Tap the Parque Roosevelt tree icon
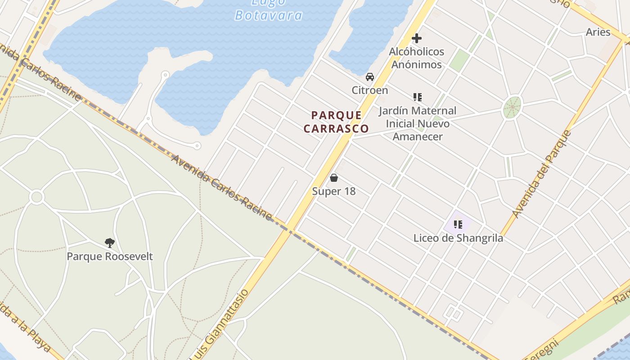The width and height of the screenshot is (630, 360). pyautogui.click(x=109, y=243)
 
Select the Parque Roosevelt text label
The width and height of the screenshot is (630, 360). pyautogui.click(x=110, y=256)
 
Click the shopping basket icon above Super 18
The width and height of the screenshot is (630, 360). pyautogui.click(x=334, y=178)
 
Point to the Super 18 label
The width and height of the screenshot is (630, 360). pyautogui.click(x=334, y=191)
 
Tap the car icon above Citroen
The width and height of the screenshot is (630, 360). pyautogui.click(x=370, y=77)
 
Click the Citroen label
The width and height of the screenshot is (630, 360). pyautogui.click(x=370, y=90)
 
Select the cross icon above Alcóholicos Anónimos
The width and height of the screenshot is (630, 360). pyautogui.click(x=417, y=38)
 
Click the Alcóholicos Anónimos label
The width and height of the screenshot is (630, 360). pyautogui.click(x=416, y=58)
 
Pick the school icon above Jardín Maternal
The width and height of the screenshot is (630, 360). pyautogui.click(x=417, y=97)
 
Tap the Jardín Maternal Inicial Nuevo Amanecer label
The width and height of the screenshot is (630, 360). pyautogui.click(x=418, y=123)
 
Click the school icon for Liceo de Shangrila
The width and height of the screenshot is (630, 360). pyautogui.click(x=458, y=224)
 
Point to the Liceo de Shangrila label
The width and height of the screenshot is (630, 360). pyautogui.click(x=458, y=238)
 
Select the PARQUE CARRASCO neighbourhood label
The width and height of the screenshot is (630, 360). pyautogui.click(x=336, y=122)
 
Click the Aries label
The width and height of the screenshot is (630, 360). pyautogui.click(x=598, y=32)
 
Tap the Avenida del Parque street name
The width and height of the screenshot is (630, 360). pyautogui.click(x=542, y=174)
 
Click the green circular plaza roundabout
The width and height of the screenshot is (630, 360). pyautogui.click(x=512, y=108)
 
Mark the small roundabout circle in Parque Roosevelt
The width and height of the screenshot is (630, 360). pyautogui.click(x=36, y=197)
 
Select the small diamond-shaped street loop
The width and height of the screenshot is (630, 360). pyautogui.click(x=453, y=313)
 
